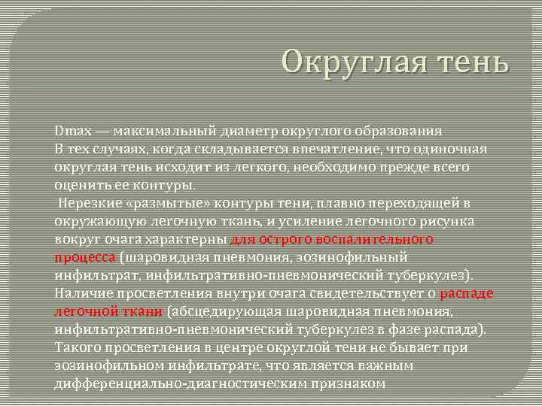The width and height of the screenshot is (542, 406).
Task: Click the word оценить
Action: [x=82, y=185]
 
